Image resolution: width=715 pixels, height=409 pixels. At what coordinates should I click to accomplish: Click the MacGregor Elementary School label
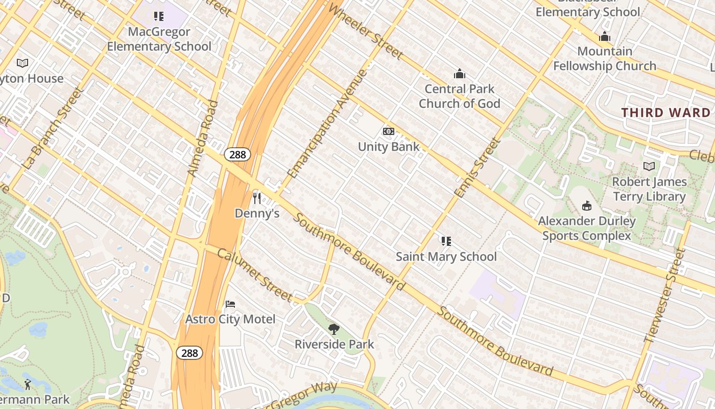[159, 39]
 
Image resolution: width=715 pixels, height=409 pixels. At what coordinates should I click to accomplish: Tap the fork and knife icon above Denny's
[257, 198]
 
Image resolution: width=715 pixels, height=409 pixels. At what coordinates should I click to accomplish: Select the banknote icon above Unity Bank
[389, 131]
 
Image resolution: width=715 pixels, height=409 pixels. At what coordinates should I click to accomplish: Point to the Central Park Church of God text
[459, 96]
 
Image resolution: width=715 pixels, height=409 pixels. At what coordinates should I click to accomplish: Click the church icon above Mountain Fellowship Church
[605, 36]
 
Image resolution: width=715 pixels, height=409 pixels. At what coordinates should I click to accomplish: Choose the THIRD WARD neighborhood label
[665, 113]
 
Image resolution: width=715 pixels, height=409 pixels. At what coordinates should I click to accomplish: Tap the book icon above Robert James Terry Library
[649, 166]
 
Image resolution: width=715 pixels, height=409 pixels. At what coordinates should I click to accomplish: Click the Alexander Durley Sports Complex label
[587, 229]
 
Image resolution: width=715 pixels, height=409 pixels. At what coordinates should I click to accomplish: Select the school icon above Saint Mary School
[446, 241]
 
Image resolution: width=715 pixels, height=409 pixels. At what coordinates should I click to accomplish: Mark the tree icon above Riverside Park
[334, 329]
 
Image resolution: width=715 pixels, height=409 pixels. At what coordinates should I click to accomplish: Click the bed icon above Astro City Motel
[230, 304]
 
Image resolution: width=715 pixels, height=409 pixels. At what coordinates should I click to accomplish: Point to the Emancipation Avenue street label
[328, 123]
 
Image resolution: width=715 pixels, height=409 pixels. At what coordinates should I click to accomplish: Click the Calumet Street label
[255, 275]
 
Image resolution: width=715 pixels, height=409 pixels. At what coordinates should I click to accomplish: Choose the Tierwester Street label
[665, 294]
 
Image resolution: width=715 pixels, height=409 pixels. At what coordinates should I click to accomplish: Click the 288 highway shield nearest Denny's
[237, 154]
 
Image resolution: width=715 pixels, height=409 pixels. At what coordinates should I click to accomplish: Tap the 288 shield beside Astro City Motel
[189, 353]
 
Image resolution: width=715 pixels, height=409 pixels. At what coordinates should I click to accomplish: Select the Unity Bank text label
[389, 147]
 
